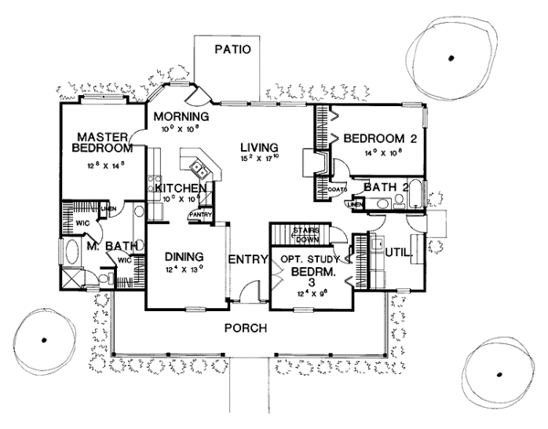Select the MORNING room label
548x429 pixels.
click(182, 117)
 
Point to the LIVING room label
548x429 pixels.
click(259, 146)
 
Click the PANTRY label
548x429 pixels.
click(200, 216)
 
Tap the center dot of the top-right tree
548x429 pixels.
click(450, 59)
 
